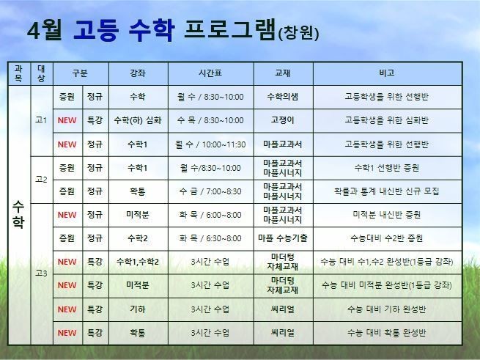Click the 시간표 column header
coord(210,73)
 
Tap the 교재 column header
coord(283,73)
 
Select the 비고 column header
coord(387,73)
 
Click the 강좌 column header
coord(138,73)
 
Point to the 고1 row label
coord(41,120)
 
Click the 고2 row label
coord(41,179)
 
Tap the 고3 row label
coord(41,273)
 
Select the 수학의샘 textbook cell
coord(283,97)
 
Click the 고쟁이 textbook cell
coord(283,120)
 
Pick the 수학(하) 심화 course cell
coord(138,120)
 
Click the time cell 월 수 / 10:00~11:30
coord(210,144)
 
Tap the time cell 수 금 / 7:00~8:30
coord(210,191)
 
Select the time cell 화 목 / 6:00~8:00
coord(210,215)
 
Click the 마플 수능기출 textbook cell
coord(283,238)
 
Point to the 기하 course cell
coord(138,309)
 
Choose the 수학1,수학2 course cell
coord(138,262)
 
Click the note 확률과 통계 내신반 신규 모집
coord(387,191)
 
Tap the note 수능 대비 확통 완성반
coord(387,333)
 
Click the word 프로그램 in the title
coord(230,30)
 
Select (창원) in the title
coord(298,33)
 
